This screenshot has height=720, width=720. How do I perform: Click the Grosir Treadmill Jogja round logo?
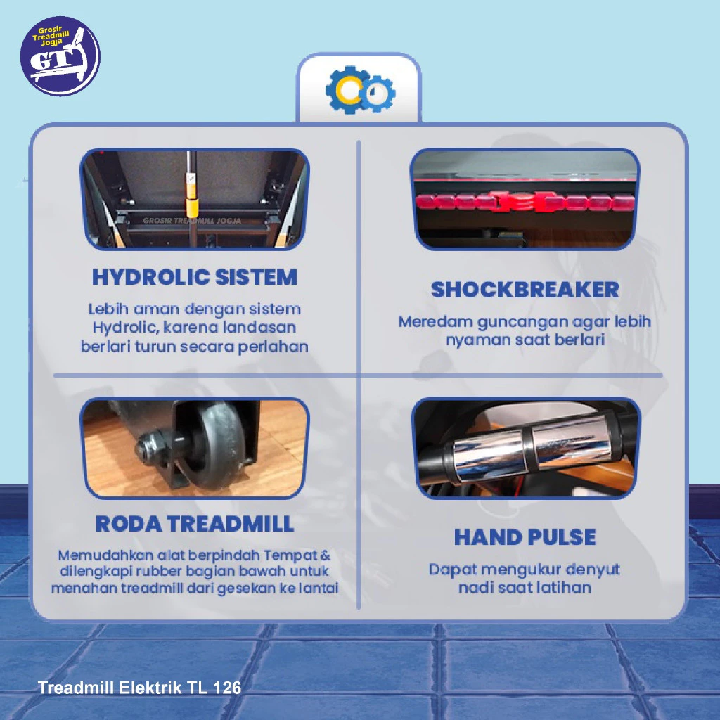60,56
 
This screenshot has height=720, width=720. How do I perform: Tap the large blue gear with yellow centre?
349,90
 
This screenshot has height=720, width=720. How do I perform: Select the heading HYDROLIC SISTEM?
195,277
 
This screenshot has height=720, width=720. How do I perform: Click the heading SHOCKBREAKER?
525,290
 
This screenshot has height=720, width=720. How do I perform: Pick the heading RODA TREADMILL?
195,523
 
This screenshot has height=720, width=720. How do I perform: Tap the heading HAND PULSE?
525,536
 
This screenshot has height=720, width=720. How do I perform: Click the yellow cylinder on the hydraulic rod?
191,207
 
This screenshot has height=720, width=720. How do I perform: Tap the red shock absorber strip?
525,202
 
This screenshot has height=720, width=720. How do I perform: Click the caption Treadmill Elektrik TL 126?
139,688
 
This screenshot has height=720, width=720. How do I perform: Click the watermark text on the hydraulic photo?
192,221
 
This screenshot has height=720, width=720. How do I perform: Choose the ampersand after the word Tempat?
326,555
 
